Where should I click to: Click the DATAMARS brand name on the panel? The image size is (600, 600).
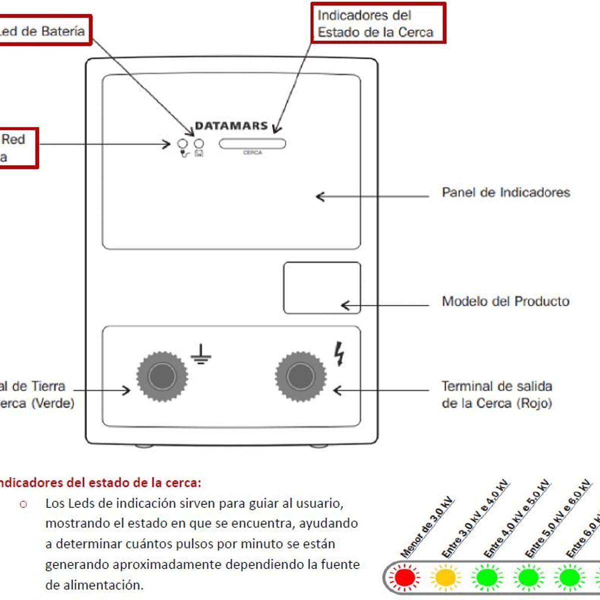pos(231,125)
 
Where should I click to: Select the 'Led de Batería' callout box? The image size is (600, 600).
pos(44,31)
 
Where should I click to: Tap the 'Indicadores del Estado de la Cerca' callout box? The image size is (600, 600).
pos(377,23)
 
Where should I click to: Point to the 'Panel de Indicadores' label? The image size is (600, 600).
pos(505,192)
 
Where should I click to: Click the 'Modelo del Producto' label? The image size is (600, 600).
pos(505,301)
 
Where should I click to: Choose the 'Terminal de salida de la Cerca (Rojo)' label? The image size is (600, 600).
pos(496,394)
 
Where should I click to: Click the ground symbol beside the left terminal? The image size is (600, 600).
pos(201,354)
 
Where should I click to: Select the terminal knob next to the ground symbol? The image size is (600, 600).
pos(162,376)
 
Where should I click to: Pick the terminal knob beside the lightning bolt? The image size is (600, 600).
pos(300,376)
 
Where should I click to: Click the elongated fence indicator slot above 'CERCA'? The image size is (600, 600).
pos(252,144)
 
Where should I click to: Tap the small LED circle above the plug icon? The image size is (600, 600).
pos(182,144)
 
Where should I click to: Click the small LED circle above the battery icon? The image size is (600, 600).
pos(198,144)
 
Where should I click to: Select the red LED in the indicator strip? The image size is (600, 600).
pos(404,577)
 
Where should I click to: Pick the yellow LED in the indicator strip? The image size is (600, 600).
pos(445,577)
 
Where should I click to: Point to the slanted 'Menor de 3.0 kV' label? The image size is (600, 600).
pos(426,527)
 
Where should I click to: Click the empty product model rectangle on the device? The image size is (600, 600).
pos(322,288)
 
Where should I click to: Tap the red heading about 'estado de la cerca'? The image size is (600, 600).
pos(99,482)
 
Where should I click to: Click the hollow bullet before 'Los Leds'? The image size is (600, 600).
pos(23,504)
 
